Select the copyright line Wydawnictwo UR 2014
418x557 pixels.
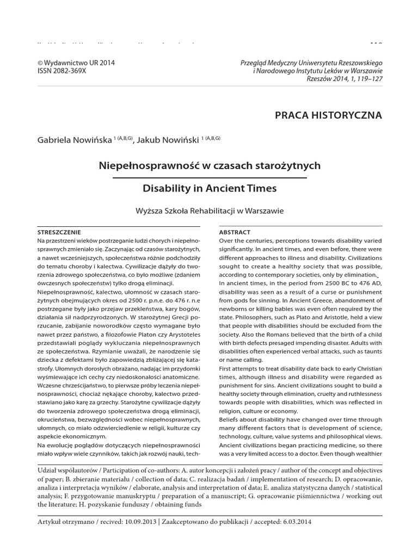pyautogui.click(x=76, y=63)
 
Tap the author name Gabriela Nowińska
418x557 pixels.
pyautogui.click(x=74, y=140)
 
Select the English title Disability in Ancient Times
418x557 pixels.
pyautogui.click(x=209, y=189)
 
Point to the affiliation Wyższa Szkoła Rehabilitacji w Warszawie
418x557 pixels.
pyautogui.click(x=209, y=211)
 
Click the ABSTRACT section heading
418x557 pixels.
pyautogui.click(x=235, y=232)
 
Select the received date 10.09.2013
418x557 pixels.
pyautogui.click(x=142, y=522)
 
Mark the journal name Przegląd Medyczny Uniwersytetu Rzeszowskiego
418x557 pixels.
pyautogui.click(x=311, y=63)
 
